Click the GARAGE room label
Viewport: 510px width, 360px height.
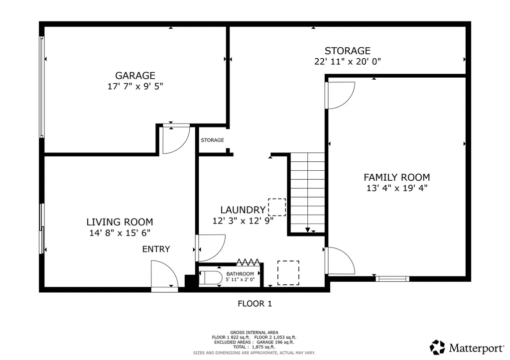135,76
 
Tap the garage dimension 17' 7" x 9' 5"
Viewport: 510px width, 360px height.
135,86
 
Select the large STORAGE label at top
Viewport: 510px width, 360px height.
347,51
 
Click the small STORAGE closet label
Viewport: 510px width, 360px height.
212,140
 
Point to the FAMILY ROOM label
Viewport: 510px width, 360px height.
396,177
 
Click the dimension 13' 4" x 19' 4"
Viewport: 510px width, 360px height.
396,188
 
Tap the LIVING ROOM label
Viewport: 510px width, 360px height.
120,222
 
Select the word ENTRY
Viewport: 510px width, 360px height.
156,249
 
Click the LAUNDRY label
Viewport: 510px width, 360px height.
243,210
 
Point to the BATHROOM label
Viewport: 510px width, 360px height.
240,274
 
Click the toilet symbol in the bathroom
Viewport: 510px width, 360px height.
211,278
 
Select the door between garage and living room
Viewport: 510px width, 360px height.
176,139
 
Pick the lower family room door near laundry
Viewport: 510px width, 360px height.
340,260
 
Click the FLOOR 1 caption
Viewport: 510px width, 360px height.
255,303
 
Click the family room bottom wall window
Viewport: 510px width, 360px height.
392,279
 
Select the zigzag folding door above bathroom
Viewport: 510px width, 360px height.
248,261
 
